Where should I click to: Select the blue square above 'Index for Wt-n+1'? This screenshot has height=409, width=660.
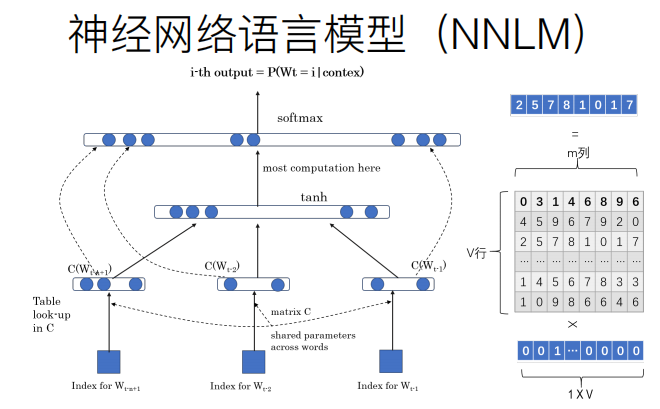[109, 361]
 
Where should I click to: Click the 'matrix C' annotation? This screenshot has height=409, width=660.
[291, 314]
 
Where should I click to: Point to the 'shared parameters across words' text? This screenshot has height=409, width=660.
[312, 341]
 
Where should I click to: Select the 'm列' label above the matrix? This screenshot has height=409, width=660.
[575, 151]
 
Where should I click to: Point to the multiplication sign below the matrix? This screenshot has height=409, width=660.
[575, 325]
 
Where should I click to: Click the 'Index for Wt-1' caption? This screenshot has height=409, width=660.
[392, 386]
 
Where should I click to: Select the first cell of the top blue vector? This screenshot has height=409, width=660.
[518, 104]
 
